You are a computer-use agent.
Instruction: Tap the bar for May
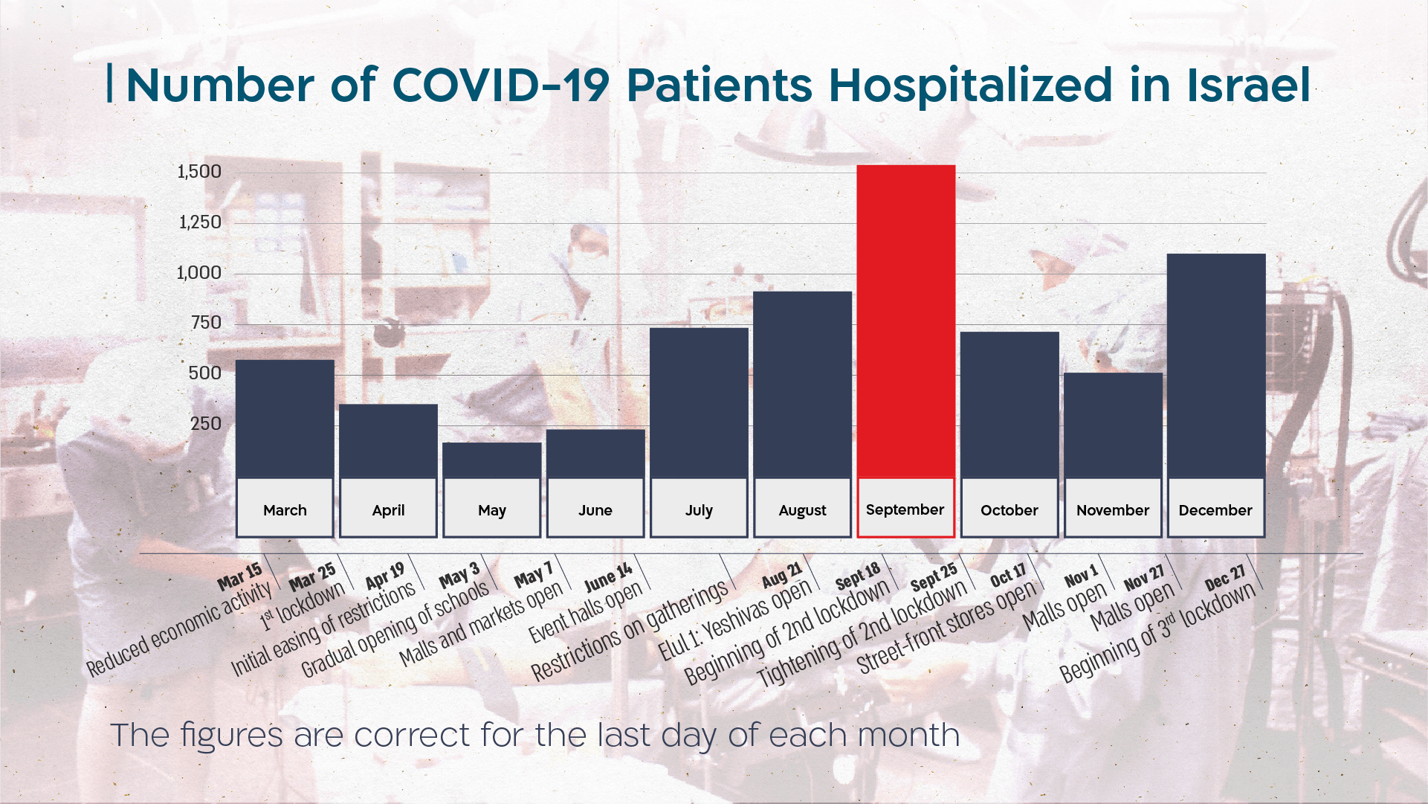[x=491, y=460]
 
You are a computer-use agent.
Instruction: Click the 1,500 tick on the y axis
[x=199, y=172]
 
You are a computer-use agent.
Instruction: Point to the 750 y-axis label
[x=206, y=323]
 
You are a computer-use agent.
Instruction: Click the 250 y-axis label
[x=206, y=424]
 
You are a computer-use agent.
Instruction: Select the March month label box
[x=285, y=509]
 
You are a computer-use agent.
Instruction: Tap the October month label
[x=1009, y=509]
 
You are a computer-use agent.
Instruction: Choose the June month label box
[x=595, y=509]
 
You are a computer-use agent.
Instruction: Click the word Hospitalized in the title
[x=970, y=85]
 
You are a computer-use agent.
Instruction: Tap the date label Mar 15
[x=240, y=576]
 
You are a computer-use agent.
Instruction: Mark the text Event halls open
[x=586, y=612]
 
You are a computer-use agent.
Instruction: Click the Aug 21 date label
[x=782, y=575]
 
